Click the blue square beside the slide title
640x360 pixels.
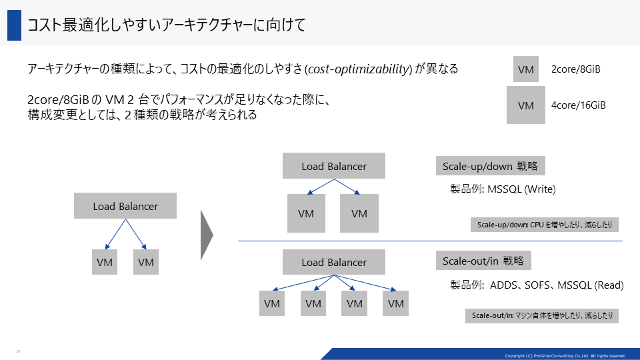point(14,25)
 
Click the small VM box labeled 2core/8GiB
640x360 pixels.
point(526,69)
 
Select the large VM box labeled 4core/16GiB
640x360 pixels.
point(526,105)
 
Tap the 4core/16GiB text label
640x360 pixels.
point(579,105)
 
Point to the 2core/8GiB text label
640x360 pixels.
point(575,69)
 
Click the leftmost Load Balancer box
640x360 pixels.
point(125,206)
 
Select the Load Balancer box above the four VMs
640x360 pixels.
point(334,262)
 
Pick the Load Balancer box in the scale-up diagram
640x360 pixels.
point(334,166)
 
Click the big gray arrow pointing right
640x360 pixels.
point(207,235)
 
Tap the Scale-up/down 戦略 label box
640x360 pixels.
point(490,166)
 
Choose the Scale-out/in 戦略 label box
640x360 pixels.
point(483,261)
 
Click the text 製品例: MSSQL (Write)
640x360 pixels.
point(503,189)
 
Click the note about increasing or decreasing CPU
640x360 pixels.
point(545,225)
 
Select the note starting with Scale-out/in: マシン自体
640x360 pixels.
point(542,315)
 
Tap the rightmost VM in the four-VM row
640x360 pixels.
point(395,303)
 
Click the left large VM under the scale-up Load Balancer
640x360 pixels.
point(306,213)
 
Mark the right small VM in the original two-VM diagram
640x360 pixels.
point(146,262)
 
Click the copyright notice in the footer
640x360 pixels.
point(565,355)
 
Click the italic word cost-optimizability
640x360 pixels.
point(359,69)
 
